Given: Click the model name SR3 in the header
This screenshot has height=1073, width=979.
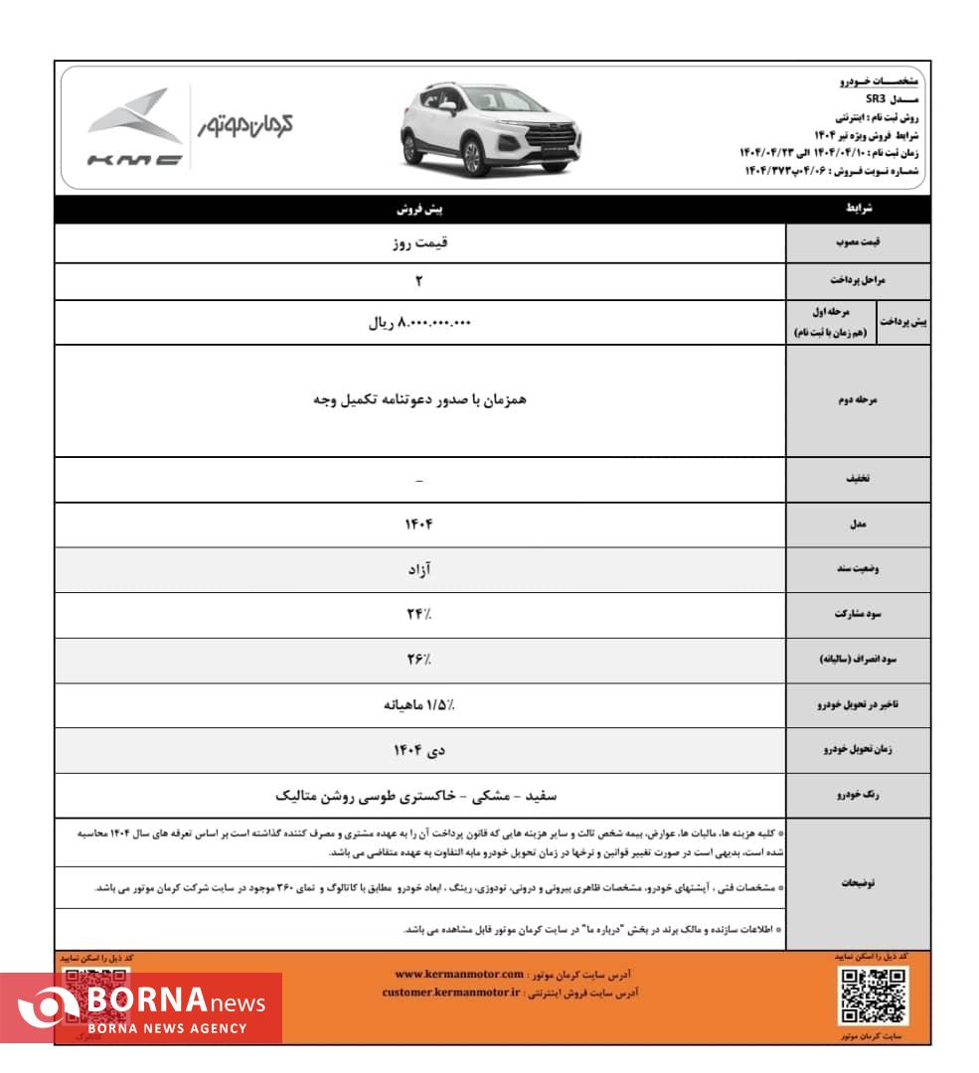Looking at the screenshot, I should pyautogui.click(x=875, y=98).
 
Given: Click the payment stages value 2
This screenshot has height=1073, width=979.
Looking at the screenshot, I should pyautogui.click(x=419, y=281).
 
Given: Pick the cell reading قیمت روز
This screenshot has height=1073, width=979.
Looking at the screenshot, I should pyautogui.click(x=419, y=242).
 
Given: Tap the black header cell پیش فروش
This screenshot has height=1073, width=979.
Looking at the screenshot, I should pyautogui.click(x=419, y=210).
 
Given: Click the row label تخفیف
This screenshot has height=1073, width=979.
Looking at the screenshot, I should pyautogui.click(x=857, y=479).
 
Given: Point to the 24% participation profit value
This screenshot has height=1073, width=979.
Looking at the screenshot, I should pyautogui.click(x=419, y=614).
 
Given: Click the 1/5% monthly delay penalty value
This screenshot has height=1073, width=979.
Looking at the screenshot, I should pyautogui.click(x=419, y=704).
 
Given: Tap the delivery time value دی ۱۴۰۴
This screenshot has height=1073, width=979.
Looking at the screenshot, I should pyautogui.click(x=419, y=750).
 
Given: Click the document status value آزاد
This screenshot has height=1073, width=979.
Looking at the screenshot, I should pyautogui.click(x=419, y=569).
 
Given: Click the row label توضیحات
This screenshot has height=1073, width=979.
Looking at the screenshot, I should pyautogui.click(x=857, y=883).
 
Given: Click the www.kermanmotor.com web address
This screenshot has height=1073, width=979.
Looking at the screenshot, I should pyautogui.click(x=458, y=975).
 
